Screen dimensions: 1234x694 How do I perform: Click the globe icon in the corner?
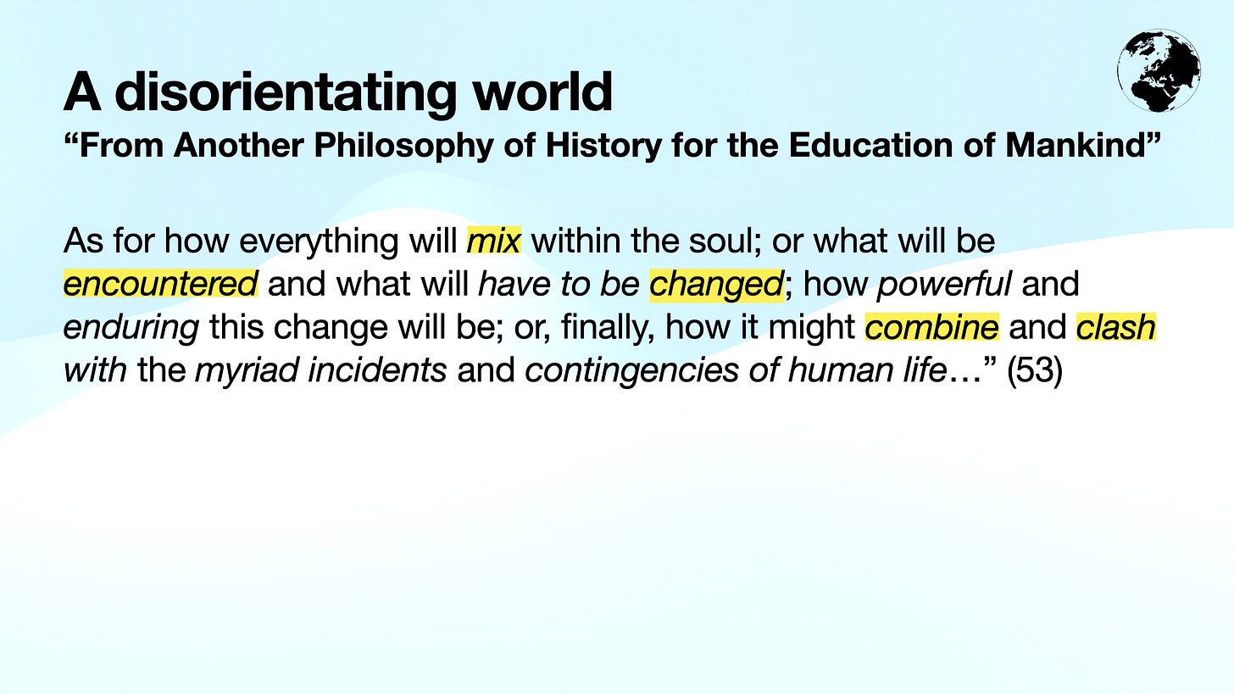1159,70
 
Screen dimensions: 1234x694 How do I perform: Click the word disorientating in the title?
286,92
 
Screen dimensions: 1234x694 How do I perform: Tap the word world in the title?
542,92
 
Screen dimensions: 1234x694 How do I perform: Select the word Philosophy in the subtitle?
403,146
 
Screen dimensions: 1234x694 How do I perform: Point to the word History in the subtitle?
603,146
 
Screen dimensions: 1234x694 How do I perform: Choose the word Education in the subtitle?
870,146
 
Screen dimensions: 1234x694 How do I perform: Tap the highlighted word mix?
493,242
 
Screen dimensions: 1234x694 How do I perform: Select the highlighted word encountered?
160,284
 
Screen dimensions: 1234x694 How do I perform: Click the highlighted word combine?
931,327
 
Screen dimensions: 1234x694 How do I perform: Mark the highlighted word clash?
1115,327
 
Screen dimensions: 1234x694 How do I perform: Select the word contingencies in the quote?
631,370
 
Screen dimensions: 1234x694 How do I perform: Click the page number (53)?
1034,370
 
